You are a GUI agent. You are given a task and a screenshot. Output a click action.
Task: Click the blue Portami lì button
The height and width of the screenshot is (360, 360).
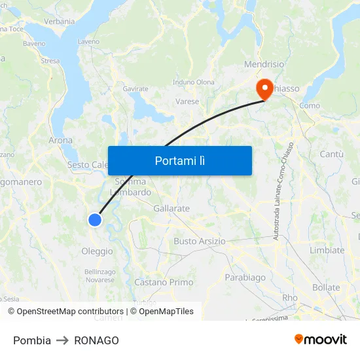[x=180, y=160]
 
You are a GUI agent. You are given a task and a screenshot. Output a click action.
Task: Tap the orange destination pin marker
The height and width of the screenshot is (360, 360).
[x=265, y=90]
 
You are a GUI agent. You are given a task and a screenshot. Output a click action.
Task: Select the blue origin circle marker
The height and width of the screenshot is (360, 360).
[x=95, y=220]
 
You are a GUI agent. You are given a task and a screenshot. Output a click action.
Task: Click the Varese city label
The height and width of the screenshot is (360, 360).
[x=187, y=101]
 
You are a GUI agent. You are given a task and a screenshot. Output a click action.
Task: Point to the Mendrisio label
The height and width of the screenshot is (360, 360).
[x=264, y=64]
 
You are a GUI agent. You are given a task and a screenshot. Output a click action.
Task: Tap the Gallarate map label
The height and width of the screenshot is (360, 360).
[x=171, y=208]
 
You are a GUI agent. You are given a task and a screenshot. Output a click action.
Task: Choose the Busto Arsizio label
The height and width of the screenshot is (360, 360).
[x=199, y=241]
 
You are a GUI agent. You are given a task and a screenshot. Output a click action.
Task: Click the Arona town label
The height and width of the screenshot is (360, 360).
[x=61, y=140]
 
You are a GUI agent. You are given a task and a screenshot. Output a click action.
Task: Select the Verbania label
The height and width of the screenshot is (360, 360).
[x=60, y=21]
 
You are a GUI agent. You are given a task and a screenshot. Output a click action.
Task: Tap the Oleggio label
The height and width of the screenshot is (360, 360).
[x=97, y=251]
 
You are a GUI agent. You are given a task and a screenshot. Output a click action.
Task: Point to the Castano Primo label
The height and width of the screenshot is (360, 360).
[x=164, y=282]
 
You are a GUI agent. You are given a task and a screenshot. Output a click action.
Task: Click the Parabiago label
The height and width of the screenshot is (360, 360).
[x=245, y=278]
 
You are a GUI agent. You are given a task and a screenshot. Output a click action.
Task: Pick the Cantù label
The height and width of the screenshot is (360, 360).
[x=331, y=154]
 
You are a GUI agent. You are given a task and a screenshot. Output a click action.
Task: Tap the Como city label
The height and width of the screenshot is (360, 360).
[x=309, y=105]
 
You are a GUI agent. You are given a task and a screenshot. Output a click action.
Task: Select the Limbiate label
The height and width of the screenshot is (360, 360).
[x=327, y=250]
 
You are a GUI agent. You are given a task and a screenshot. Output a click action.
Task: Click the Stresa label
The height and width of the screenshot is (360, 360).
[x=50, y=61]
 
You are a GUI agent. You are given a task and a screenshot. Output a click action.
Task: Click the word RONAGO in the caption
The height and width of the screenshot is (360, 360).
[x=96, y=340]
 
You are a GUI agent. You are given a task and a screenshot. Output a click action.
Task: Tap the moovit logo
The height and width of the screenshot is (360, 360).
[x=321, y=340]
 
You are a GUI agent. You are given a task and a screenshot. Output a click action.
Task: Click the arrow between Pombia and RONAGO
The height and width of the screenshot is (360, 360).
[x=63, y=340]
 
